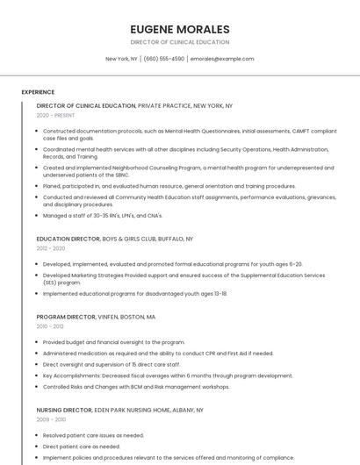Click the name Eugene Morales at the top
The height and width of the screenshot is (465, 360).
click(x=179, y=29)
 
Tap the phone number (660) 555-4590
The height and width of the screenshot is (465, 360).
click(x=163, y=59)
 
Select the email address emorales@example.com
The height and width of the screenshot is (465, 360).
click(x=222, y=59)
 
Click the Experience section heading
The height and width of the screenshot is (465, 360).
click(x=38, y=92)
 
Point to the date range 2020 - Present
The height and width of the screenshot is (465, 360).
click(x=55, y=115)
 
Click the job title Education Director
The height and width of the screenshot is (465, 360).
click(x=68, y=239)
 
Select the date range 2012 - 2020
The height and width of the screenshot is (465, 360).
click(x=51, y=248)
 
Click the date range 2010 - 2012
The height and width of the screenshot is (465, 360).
click(x=51, y=326)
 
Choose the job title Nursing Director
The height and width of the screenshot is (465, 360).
click(x=64, y=410)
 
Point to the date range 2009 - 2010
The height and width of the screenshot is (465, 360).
click(x=51, y=419)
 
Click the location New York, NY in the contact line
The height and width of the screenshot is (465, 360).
click(x=121, y=59)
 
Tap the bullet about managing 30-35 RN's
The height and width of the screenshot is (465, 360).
click(x=103, y=215)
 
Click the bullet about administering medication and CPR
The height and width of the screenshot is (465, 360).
click(x=158, y=354)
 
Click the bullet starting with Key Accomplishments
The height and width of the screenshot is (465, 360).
click(x=168, y=376)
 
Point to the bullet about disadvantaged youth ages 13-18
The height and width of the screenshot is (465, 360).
click(x=134, y=294)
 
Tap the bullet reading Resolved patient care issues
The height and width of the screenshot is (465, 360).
click(x=93, y=435)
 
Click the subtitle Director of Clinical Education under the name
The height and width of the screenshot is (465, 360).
click(x=179, y=42)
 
